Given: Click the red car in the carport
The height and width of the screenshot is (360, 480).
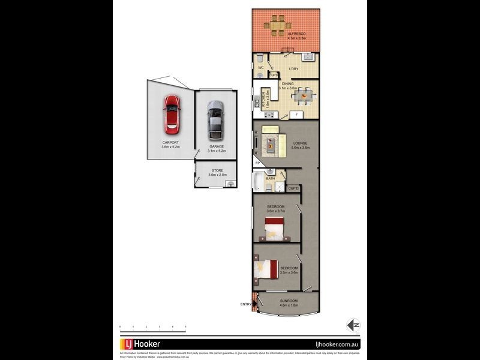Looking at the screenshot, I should pos(172,115).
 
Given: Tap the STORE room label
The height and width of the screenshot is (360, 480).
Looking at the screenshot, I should pos(216,170).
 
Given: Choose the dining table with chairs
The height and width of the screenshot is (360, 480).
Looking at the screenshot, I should pos(305,94).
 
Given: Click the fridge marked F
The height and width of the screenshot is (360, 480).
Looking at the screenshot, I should pos(296,114).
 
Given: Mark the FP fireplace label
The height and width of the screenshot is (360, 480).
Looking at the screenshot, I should pos(257,163).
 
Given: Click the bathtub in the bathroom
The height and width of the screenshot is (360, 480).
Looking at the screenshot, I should pos(259,181).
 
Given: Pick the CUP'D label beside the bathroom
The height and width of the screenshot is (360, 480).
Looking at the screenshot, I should pos(293,188).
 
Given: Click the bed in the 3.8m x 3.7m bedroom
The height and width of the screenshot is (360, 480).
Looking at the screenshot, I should pos(274,227).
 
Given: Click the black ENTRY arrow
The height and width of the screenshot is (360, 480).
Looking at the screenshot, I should pos(256,304).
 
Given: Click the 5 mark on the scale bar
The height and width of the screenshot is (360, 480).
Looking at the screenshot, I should pos(185,327).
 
